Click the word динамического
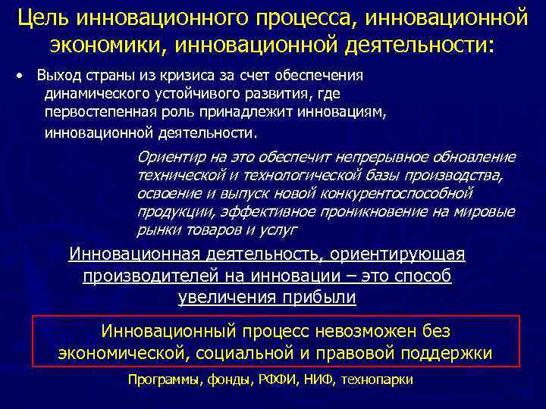tap(91, 95)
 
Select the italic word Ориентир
tap(168, 158)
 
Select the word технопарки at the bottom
tap(378, 380)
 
